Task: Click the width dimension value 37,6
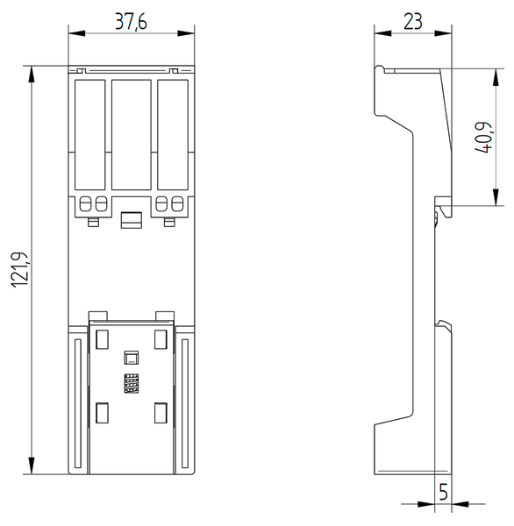point(132,18)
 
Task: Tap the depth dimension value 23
point(412,18)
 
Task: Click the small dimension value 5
point(443,493)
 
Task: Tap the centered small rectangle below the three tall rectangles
point(132,220)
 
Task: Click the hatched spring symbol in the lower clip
point(132,384)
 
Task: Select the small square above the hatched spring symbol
point(132,358)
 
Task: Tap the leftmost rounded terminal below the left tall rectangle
point(85,205)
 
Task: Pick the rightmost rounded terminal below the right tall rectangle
point(178,205)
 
